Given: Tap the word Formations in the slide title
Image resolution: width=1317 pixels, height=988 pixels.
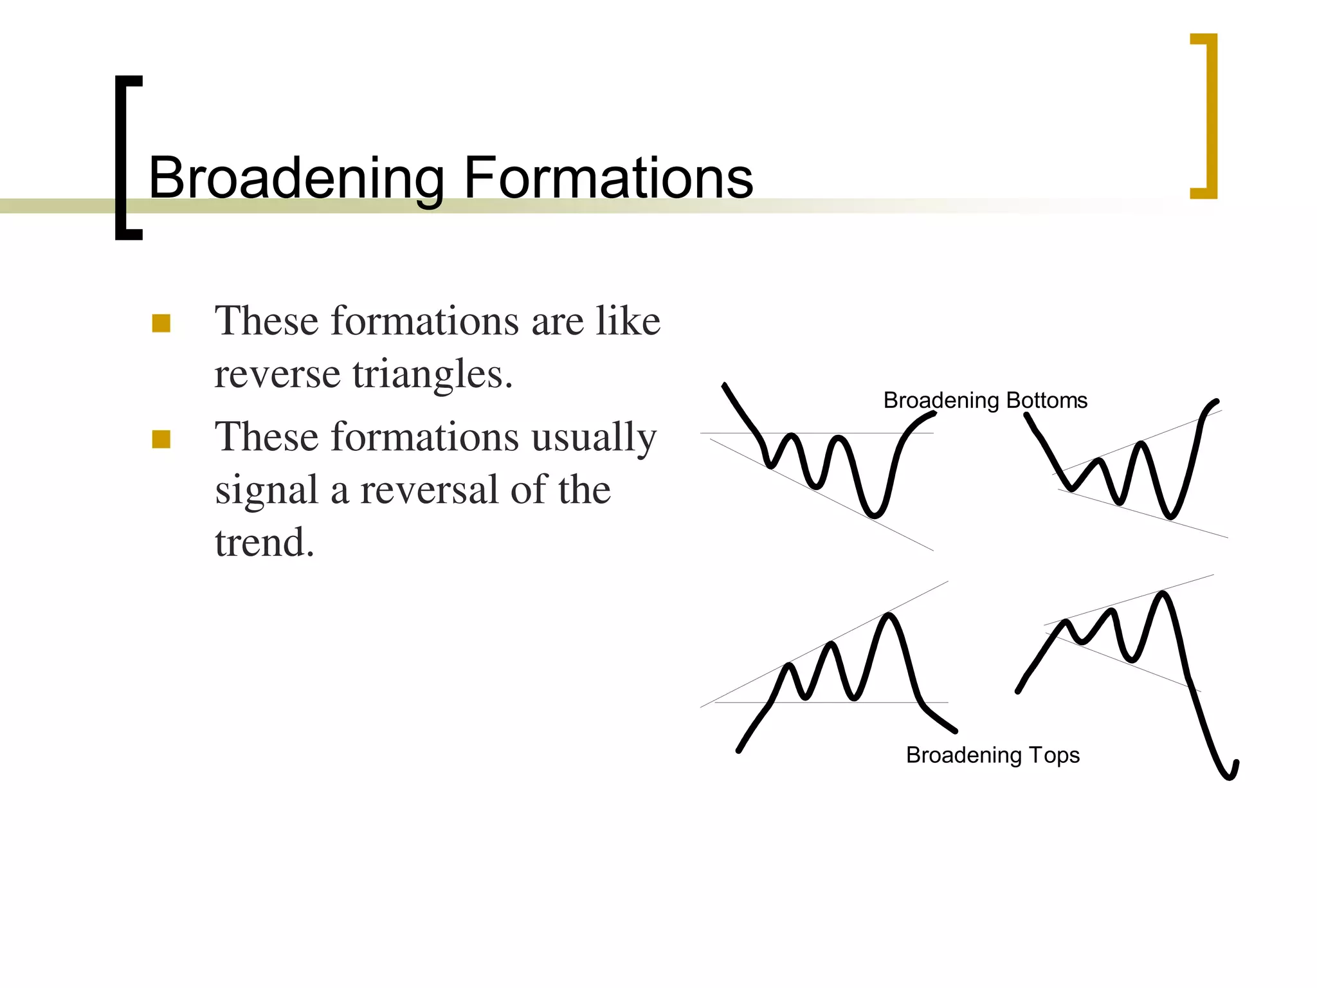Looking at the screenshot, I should point(608,178).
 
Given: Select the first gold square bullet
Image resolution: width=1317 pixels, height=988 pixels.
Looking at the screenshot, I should point(161,323).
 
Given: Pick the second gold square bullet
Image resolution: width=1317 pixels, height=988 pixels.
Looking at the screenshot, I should point(161,439).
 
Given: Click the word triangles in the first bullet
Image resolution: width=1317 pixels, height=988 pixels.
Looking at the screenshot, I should point(432,374).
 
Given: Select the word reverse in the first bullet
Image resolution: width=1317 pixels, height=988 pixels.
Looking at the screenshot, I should point(277,374).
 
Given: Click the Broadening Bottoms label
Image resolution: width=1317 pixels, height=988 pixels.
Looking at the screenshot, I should point(985,401).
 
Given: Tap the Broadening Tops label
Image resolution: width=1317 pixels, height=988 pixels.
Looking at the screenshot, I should point(993,755).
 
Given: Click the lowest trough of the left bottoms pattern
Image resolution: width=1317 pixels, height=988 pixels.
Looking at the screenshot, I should point(874,514).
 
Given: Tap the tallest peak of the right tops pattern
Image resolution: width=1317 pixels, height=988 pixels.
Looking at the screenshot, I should point(1163,594).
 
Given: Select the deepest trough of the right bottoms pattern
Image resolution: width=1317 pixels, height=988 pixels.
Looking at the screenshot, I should point(1170,516).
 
